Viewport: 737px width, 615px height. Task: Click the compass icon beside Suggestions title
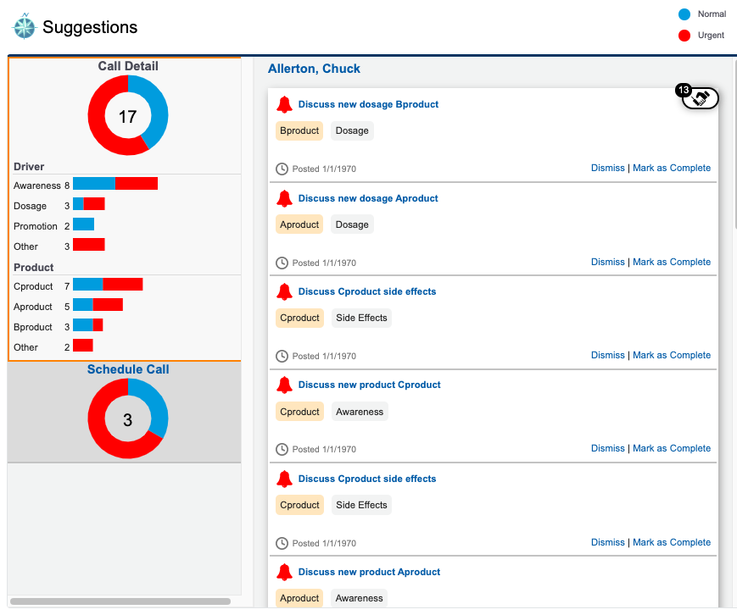(24, 27)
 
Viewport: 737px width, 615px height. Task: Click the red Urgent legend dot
(684, 36)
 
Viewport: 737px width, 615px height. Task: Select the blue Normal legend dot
(684, 14)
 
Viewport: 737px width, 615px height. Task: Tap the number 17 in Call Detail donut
(127, 116)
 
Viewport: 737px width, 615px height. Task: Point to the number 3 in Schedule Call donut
(127, 419)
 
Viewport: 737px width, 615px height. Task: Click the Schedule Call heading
(128, 369)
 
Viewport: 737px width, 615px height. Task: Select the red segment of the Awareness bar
(137, 184)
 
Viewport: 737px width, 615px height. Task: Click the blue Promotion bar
(83, 225)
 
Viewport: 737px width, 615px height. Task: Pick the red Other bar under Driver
(88, 245)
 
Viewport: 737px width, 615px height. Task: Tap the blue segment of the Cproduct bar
(88, 285)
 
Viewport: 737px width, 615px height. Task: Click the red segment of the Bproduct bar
(98, 325)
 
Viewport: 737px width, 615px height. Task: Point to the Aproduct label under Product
(33, 307)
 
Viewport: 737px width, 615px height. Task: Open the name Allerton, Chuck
(314, 69)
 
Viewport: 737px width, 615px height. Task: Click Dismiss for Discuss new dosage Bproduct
(607, 168)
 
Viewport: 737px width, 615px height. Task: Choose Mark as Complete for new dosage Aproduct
(672, 262)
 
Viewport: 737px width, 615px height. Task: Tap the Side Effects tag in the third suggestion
(361, 319)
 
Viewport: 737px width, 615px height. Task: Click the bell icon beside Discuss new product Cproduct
(284, 385)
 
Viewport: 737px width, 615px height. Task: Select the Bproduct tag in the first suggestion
(299, 130)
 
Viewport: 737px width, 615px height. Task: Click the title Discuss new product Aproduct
(369, 572)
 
